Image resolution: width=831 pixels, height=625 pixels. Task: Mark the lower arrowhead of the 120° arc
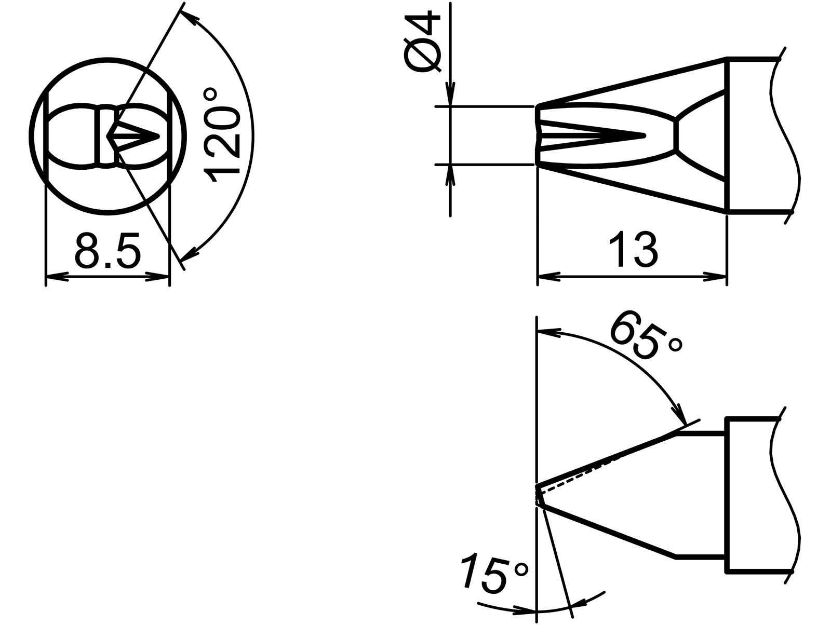pyautogui.click(x=189, y=253)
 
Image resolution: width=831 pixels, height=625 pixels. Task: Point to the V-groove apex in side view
pyautogui.click(x=644, y=136)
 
